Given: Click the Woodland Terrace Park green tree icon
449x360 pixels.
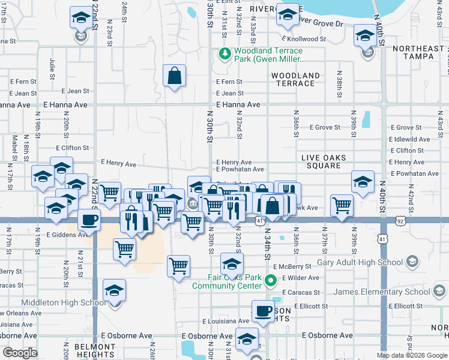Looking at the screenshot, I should [225, 55].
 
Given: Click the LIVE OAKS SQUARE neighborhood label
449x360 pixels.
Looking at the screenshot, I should [324, 161].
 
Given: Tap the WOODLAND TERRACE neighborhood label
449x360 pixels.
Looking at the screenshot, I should [295, 79].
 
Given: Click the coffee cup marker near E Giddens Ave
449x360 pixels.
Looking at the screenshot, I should [89, 220].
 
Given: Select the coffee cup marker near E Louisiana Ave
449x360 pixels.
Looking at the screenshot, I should [262, 311].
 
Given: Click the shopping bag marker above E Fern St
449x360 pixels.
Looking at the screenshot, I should [174, 76].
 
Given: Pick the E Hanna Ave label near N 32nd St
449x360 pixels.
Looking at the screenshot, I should [238, 104].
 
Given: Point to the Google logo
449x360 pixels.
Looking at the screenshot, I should [20, 353].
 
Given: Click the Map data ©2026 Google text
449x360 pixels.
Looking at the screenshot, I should [411, 355].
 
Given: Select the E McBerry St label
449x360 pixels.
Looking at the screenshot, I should [292, 266].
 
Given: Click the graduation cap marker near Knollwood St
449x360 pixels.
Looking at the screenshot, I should [364, 35].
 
